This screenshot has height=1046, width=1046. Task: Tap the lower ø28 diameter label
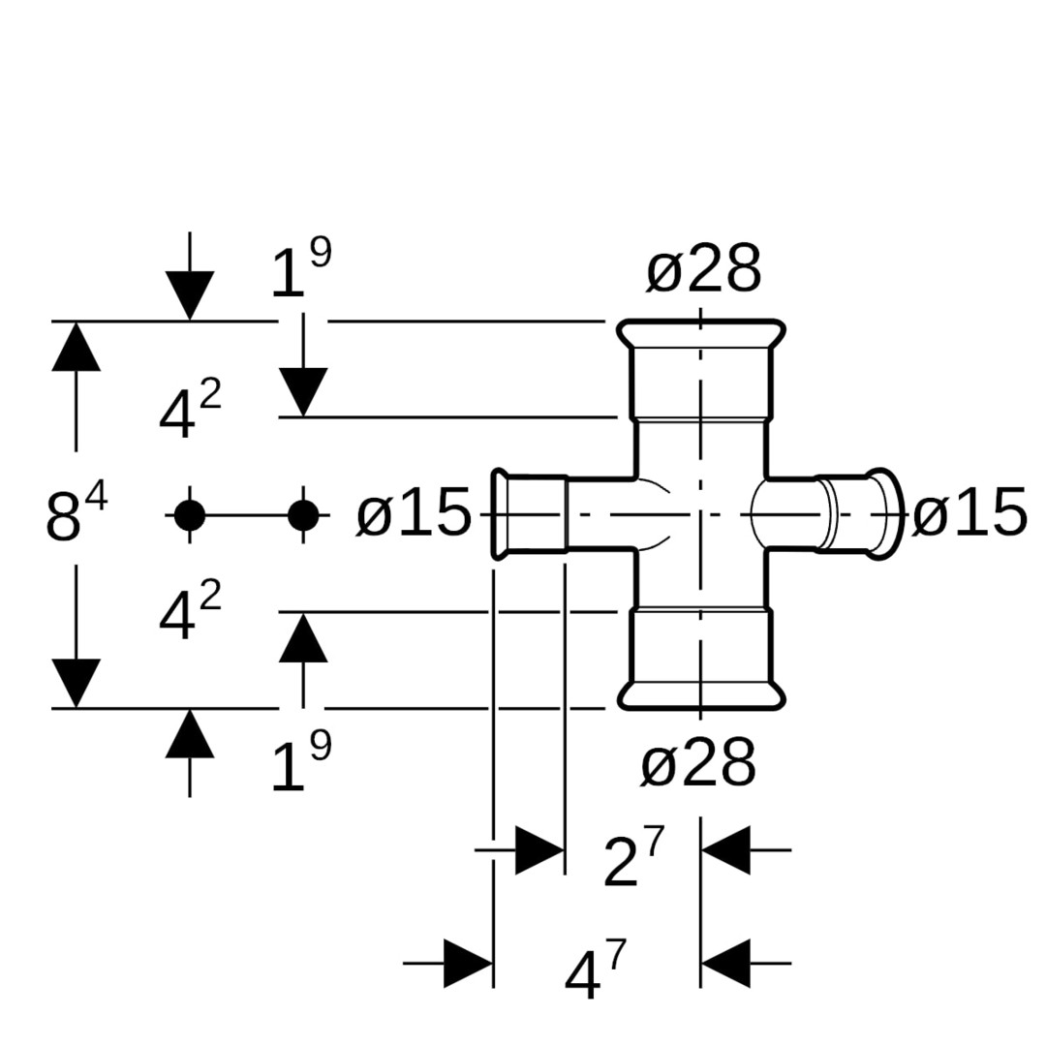coord(697,764)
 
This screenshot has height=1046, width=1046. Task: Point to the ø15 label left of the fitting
coord(414,513)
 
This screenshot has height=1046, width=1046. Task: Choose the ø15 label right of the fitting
coord(969,513)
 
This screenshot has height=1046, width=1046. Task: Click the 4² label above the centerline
coord(190,413)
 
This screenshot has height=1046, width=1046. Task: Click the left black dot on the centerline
coord(190,515)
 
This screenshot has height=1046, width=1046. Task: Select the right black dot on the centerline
coord(303,515)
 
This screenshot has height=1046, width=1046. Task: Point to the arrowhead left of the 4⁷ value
coord(469,963)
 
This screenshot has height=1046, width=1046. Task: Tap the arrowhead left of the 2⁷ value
coord(539,850)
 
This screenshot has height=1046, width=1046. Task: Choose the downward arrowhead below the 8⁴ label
coord(76,683)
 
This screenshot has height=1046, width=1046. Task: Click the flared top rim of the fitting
coord(701,334)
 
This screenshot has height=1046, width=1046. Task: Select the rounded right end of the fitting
coord(883,514)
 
